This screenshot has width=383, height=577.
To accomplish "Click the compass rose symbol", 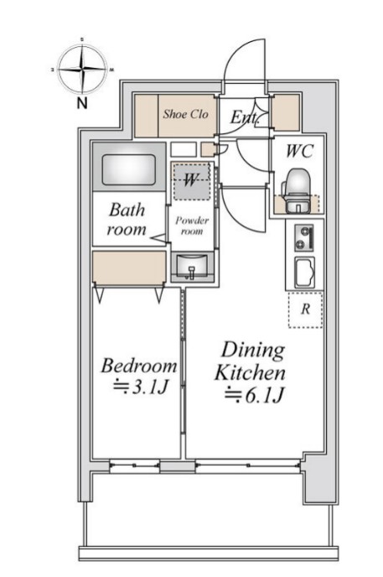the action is (x=82, y=69).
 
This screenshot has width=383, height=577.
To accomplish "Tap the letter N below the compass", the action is (x=82, y=103).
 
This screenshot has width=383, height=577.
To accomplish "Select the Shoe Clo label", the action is (x=185, y=114).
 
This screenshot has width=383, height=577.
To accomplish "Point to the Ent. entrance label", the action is (x=245, y=117).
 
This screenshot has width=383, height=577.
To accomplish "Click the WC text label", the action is (x=299, y=151).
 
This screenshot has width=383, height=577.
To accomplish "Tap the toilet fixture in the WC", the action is (x=296, y=190).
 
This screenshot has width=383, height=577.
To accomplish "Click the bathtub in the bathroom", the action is (x=129, y=169).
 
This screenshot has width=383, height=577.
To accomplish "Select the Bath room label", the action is (x=127, y=220).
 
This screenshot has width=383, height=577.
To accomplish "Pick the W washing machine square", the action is (x=191, y=181).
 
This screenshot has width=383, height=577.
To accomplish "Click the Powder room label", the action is (x=192, y=226).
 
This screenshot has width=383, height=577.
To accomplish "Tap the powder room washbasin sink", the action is (x=192, y=267).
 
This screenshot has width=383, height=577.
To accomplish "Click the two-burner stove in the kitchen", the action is (x=304, y=238).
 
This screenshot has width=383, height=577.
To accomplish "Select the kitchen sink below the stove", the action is (x=305, y=273).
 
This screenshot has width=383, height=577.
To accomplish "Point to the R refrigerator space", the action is (x=305, y=309).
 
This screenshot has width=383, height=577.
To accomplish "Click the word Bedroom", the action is (x=139, y=366).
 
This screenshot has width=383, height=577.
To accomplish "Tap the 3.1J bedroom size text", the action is (x=141, y=387).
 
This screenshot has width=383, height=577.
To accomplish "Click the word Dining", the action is (x=253, y=351).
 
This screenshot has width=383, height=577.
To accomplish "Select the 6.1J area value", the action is (x=254, y=395).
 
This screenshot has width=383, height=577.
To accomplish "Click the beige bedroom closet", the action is (x=129, y=268).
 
